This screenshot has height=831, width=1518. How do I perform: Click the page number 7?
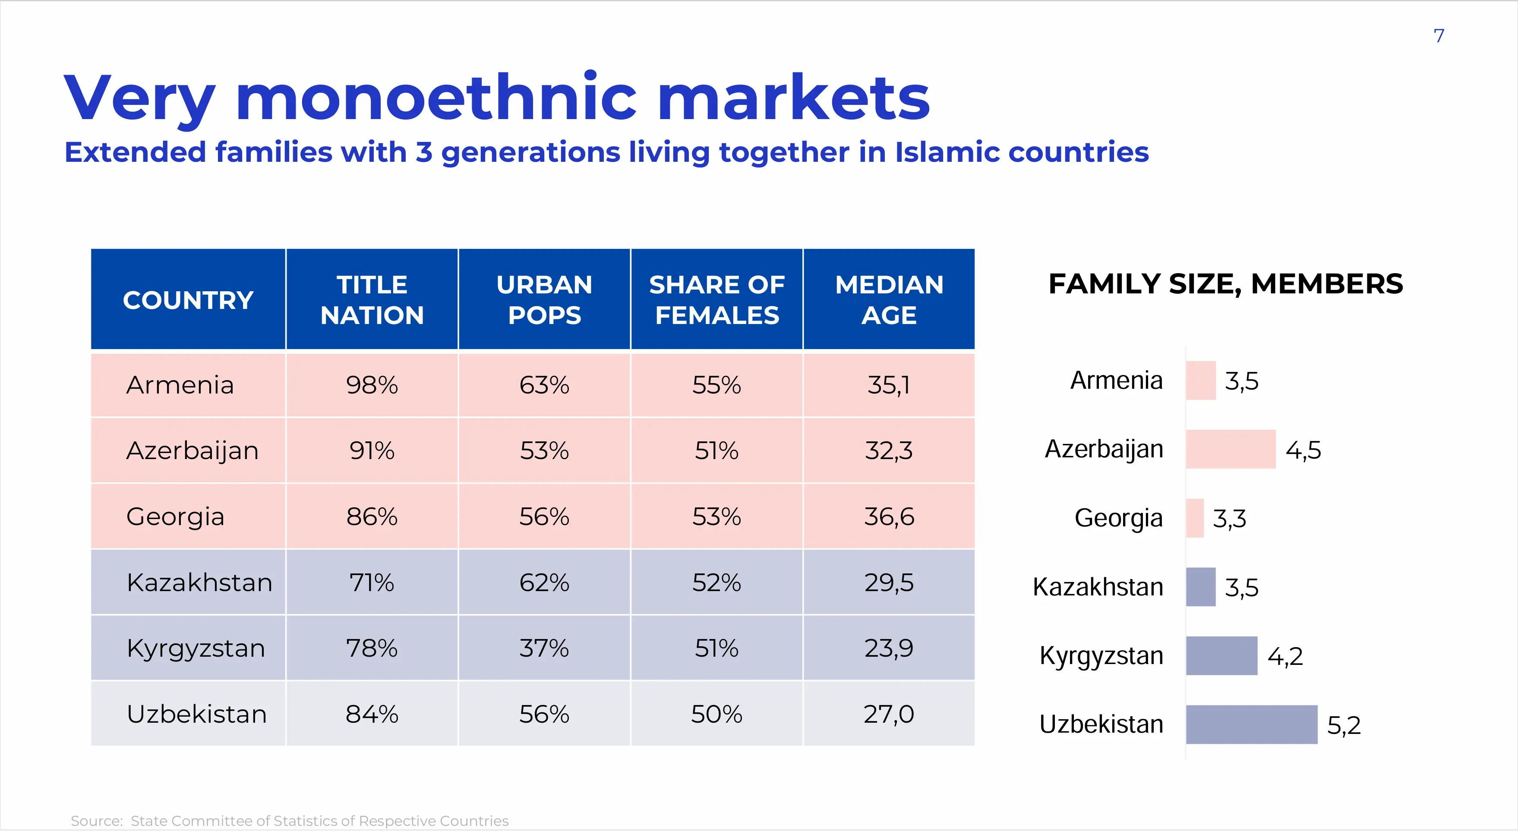click(x=1439, y=36)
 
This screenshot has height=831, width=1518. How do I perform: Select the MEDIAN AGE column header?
click(x=889, y=300)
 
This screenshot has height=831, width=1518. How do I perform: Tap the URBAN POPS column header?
click(x=544, y=300)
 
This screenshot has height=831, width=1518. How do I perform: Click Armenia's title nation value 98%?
click(x=372, y=385)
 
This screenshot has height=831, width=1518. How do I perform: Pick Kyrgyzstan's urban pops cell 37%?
click(x=544, y=648)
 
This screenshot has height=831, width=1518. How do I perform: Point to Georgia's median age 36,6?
click(x=889, y=516)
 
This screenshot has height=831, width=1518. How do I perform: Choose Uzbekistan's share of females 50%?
click(x=716, y=715)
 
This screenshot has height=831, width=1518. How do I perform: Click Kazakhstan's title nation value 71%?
click(x=372, y=582)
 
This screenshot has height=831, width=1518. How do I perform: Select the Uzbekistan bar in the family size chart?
click(x=1251, y=724)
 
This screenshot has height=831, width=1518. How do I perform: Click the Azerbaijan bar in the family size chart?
click(x=1231, y=449)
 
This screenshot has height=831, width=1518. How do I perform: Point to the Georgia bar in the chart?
click(x=1194, y=518)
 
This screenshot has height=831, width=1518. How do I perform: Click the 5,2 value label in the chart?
click(x=1344, y=725)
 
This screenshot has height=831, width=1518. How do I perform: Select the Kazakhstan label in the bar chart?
click(x=1098, y=587)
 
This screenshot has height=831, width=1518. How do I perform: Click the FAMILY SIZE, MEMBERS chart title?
click(x=1226, y=284)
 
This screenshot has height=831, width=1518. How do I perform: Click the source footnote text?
click(x=289, y=820)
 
